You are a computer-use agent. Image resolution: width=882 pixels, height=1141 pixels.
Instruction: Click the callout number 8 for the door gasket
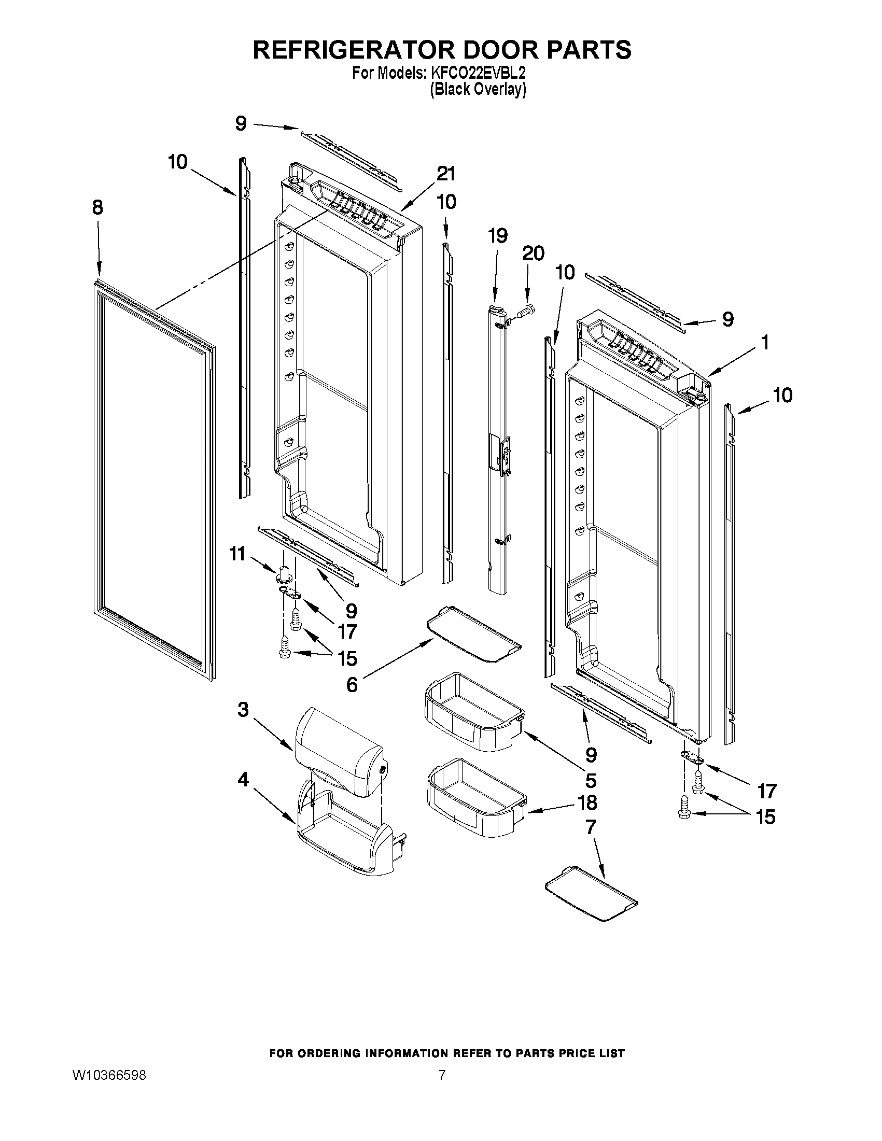[x=97, y=208]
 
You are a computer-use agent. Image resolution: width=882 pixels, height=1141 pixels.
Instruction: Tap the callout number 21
[x=446, y=174]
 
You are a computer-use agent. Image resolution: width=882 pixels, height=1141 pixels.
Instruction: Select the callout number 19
[x=497, y=236]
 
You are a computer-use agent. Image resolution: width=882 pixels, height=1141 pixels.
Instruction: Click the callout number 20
[x=533, y=253]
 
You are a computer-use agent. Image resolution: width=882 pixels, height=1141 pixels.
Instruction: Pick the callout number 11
[x=238, y=554]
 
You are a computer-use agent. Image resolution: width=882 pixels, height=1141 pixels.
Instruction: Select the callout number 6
[x=352, y=684]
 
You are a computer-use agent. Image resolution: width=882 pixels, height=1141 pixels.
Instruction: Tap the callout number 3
[x=243, y=710]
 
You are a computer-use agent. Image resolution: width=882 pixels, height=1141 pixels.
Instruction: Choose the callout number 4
[x=243, y=780]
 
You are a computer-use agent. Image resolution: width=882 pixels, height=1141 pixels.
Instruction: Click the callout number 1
[x=765, y=343]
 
